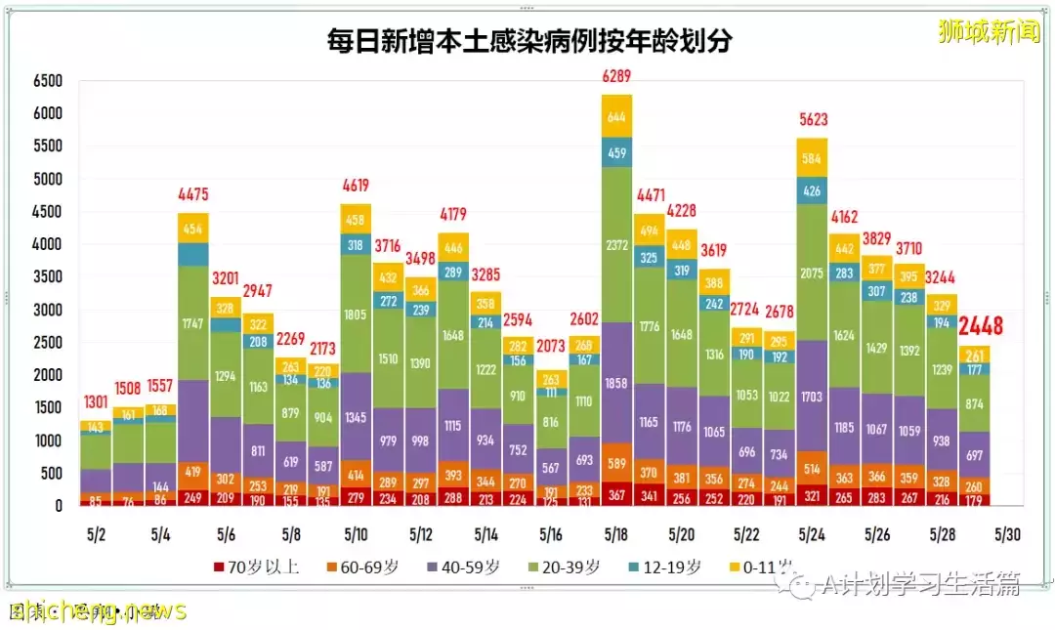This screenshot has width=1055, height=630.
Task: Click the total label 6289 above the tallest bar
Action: [615, 75]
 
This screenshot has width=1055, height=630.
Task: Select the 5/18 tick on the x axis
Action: [615, 535]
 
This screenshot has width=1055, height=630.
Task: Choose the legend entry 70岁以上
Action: [256, 567]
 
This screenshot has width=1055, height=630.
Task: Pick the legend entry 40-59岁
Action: [463, 567]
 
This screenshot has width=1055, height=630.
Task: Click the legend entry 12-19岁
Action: [668, 567]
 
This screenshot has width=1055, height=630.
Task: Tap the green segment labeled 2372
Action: [615, 245]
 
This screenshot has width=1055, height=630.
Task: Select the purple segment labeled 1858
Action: [615, 382]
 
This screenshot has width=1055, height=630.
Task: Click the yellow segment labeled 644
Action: [615, 116]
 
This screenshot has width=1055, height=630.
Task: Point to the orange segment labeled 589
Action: [615, 462]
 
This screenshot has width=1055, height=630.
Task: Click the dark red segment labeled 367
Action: [615, 493]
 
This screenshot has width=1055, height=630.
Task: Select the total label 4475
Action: [193, 194]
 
